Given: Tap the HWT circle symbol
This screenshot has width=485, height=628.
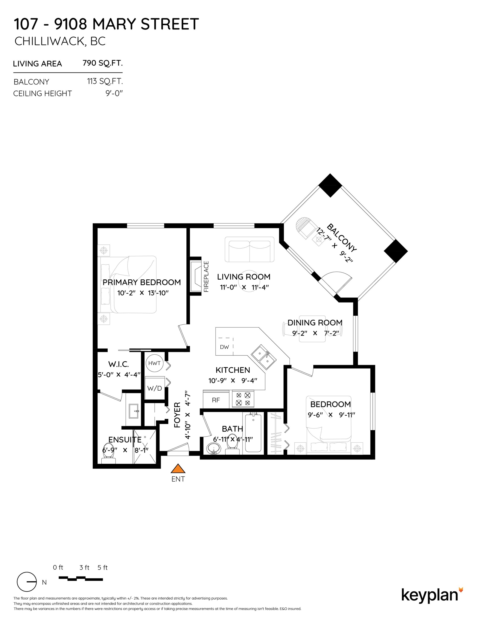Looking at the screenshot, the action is [154, 363].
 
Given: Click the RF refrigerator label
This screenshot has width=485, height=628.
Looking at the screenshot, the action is [216, 400].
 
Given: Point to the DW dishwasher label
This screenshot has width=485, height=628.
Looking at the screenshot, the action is [224, 347].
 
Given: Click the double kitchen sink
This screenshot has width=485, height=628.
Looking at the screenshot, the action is [264, 357].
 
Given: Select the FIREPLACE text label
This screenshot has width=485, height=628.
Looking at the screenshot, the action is [206, 277].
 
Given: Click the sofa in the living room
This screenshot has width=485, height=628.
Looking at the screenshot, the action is [249, 249].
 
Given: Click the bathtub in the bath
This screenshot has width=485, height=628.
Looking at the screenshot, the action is [253, 433].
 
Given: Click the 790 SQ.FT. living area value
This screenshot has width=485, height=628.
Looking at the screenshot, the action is [103, 63].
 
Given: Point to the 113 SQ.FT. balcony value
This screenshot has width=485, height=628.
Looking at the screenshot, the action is [105, 81].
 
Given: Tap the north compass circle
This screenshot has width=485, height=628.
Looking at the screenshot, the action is [27, 581].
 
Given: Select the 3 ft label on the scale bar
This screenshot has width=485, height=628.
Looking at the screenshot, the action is [84, 567].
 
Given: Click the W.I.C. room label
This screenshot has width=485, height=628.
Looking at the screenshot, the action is [119, 364].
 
